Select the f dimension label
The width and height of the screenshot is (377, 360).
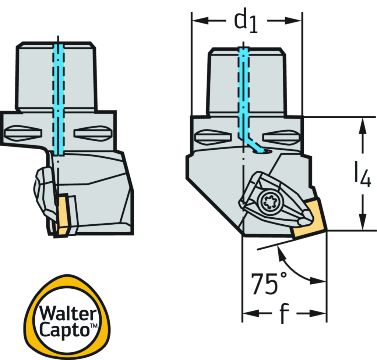pos(283,313)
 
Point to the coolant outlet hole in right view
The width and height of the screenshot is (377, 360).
pos(264,151)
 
